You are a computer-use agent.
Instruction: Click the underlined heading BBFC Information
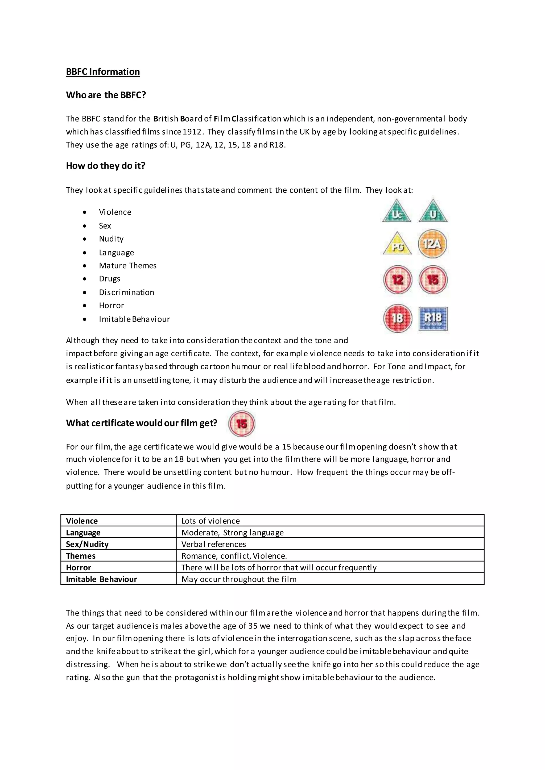coord(103,72)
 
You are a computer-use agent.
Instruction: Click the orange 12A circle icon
coord(433,244)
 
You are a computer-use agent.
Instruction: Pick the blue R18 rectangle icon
coord(433,318)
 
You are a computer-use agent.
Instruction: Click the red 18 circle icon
coord(398,318)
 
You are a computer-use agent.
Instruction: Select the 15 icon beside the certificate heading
coord(242,424)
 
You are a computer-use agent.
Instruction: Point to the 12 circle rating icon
coord(398,280)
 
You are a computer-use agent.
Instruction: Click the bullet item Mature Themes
coord(127,266)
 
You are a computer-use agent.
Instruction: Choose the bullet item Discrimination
coord(126,292)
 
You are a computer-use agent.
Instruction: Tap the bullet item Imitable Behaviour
coord(134,319)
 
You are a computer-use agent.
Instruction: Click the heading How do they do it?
coord(105,166)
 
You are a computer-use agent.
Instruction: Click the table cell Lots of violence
coord(210,521)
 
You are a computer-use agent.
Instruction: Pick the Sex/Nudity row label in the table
coord(87,544)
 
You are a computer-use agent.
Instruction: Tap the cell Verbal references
coord(213,544)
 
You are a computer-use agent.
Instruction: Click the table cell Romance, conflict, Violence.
coord(234,556)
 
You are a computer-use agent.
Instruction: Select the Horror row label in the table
coord(79,568)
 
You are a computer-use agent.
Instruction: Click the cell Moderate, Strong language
coord(232,533)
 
